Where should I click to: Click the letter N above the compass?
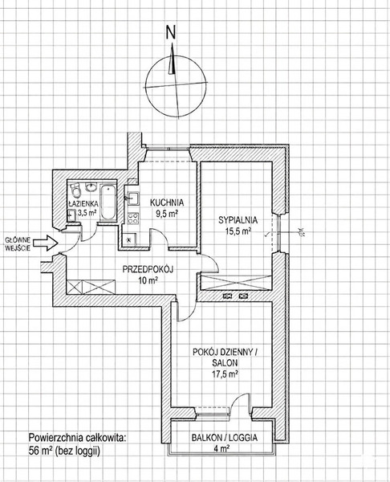point(171,32)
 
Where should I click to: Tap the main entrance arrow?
point(46,243)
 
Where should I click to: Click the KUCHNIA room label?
point(167,203)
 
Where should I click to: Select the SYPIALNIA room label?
point(238,220)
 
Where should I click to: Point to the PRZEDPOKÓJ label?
point(148,270)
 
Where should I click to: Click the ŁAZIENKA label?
point(83,203)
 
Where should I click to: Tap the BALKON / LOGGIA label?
point(225,438)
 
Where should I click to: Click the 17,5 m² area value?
point(225,374)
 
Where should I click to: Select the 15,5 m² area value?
point(238,231)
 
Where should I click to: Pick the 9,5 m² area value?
point(167,214)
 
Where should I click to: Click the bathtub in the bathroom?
point(108,202)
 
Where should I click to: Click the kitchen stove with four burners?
point(133,219)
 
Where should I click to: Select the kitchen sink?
point(133,198)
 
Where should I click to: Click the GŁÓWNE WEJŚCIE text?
point(18,244)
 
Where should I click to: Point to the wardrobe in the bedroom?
point(236,283)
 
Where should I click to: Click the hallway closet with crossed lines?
point(91,287)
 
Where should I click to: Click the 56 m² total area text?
point(64,451)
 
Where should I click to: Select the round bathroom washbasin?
point(91,187)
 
